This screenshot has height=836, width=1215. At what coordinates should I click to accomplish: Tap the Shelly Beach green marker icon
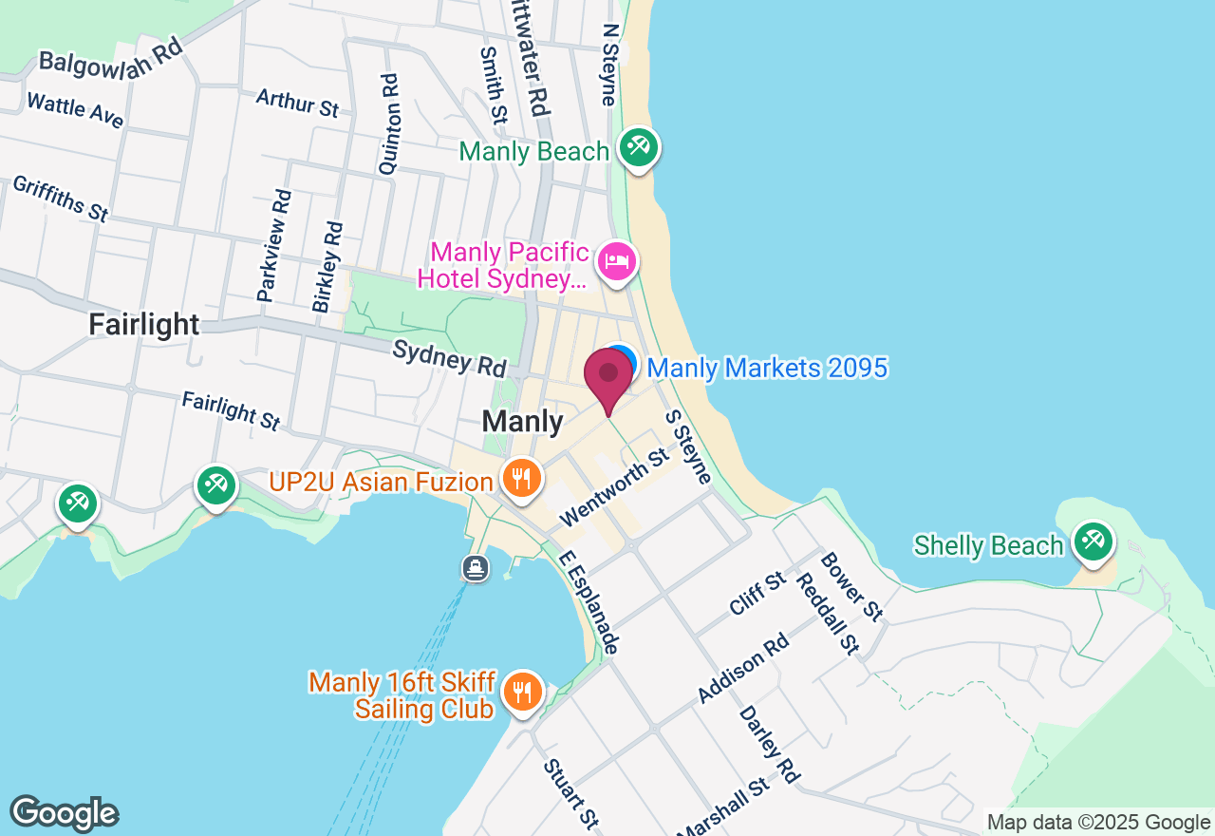coord(1093,542)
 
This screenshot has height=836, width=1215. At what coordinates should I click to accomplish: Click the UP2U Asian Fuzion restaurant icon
coord(520,478)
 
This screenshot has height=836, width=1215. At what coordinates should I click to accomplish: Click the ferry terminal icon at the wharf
coord(476,568)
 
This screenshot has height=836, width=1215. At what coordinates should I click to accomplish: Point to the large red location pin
coord(607,378)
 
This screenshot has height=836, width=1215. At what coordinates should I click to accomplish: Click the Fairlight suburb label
coord(144,324)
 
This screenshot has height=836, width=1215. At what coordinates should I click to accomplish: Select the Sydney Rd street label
coord(450,357)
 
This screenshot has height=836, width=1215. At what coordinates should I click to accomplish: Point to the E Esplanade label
coord(589,602)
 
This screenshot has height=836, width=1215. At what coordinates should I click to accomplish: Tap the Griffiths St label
coord(60,198)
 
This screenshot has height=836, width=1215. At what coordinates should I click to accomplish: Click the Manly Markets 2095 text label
coord(767,368)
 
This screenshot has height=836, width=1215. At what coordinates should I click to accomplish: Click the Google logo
coord(64,813)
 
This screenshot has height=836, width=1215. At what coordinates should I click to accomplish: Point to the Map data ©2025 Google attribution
coord(1098,823)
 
